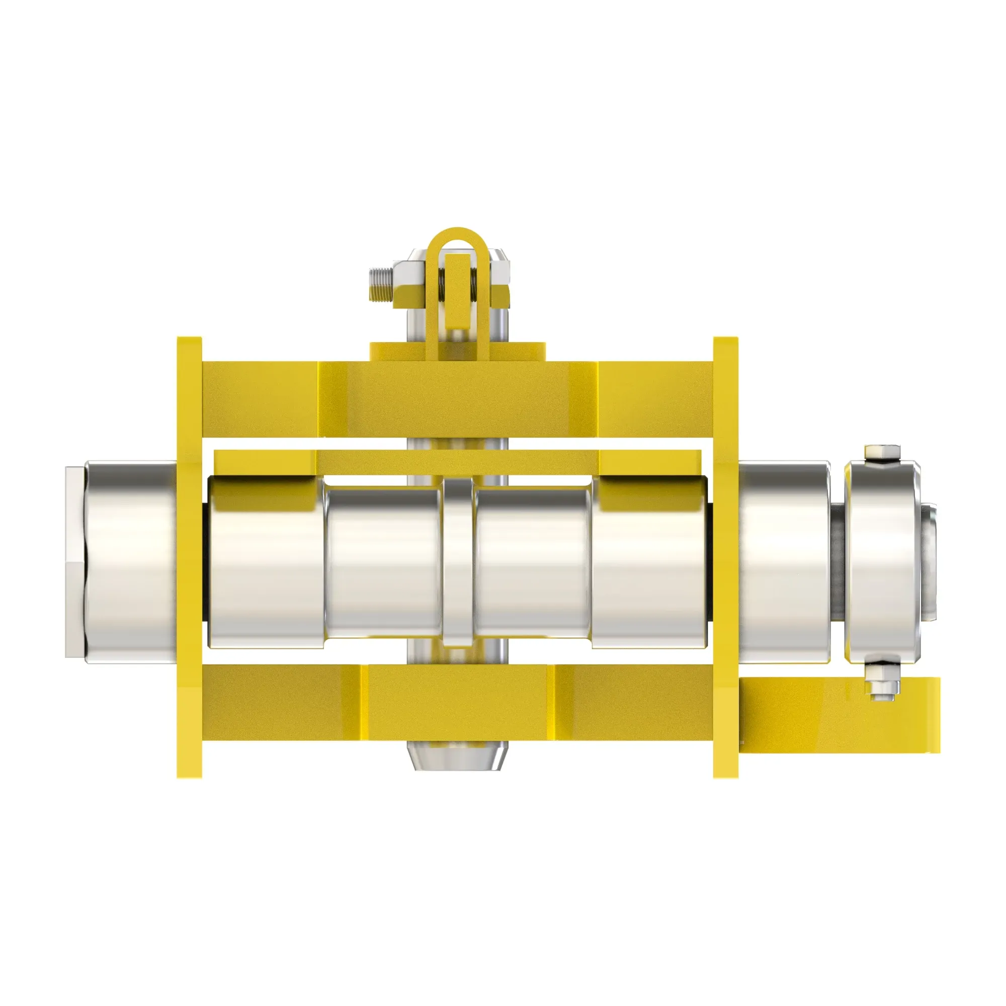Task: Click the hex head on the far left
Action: tap(75, 562)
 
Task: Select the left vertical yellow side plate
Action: tap(189, 557)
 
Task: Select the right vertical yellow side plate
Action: tap(725, 557)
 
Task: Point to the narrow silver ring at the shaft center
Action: tap(458, 562)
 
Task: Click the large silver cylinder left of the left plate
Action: tap(130, 562)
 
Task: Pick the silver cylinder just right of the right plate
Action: tap(784, 562)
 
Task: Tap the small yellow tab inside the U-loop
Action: tap(457, 292)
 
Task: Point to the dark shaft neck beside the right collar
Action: tap(837, 562)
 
